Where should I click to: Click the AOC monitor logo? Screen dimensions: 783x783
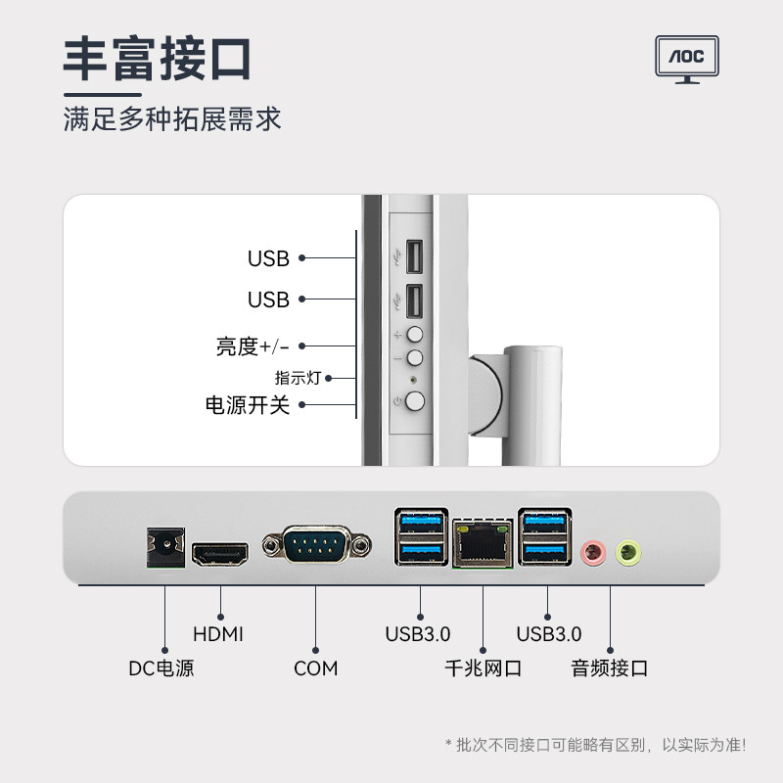click(x=687, y=59)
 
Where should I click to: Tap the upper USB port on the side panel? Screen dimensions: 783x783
click(x=414, y=256)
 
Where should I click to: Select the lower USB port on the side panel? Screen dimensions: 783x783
click(x=414, y=300)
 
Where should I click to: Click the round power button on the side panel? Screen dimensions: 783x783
click(x=415, y=400)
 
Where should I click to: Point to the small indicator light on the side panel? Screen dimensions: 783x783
click(x=412, y=380)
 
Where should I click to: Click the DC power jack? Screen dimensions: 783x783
click(x=165, y=547)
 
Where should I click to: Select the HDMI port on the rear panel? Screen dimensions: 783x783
click(x=220, y=554)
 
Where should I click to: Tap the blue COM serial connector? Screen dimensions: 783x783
click(x=317, y=544)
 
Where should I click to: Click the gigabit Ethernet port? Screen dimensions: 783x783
click(x=483, y=543)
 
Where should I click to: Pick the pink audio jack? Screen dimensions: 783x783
click(x=593, y=553)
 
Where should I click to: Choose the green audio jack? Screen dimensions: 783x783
click(x=628, y=552)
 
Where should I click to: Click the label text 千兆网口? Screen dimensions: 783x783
click(x=483, y=668)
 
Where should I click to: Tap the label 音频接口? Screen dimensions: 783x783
click(x=609, y=668)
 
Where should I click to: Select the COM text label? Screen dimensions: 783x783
click(x=315, y=668)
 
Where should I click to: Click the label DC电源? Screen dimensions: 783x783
click(x=161, y=668)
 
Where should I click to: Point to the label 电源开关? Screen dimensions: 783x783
click(x=248, y=405)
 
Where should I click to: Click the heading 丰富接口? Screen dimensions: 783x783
click(x=157, y=59)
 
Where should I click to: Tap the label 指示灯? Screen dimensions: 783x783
click(x=298, y=378)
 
